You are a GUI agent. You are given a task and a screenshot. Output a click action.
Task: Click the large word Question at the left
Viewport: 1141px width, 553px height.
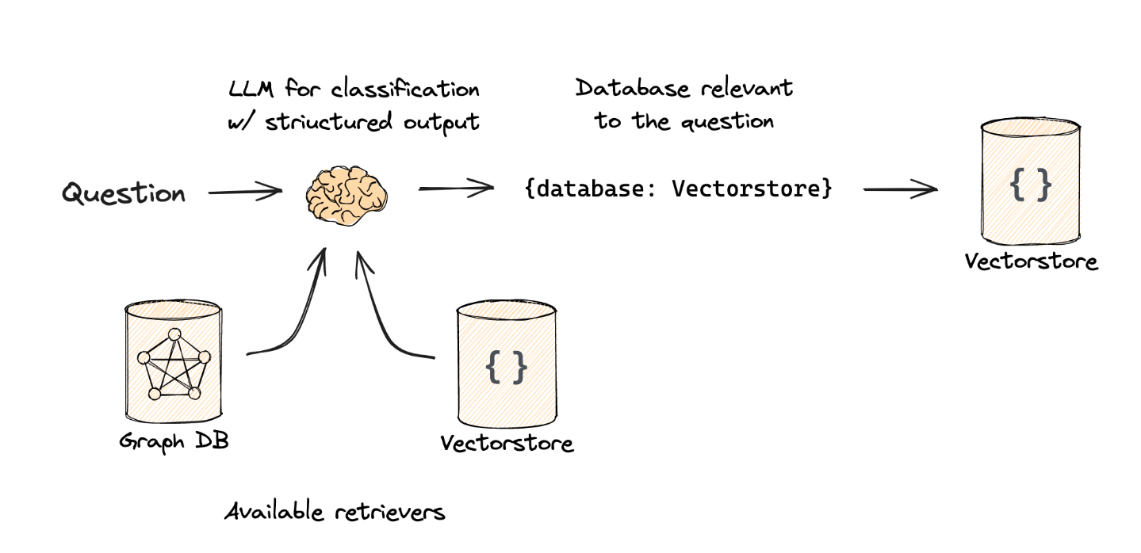click(124, 193)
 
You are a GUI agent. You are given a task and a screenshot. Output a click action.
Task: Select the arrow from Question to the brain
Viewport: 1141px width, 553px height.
click(244, 191)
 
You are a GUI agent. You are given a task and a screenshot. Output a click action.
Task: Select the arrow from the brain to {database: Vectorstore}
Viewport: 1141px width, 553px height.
click(455, 189)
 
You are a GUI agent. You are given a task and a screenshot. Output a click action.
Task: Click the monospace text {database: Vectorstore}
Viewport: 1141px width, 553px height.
click(678, 189)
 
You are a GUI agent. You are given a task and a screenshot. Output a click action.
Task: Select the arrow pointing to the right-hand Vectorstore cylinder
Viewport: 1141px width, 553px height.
click(900, 189)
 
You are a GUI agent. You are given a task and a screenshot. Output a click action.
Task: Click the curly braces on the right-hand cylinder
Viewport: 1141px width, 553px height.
click(1030, 185)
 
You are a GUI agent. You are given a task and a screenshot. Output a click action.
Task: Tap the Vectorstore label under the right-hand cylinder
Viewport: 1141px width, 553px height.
click(1032, 261)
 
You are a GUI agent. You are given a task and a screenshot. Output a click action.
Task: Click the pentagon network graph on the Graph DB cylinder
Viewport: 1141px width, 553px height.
click(173, 363)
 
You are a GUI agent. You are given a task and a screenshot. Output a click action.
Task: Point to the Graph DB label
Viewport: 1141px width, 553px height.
click(174, 440)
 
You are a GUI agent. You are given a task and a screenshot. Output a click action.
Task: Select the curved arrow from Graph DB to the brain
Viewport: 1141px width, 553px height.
click(297, 317)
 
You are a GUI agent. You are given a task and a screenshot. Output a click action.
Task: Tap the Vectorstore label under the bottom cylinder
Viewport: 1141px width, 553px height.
click(507, 443)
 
